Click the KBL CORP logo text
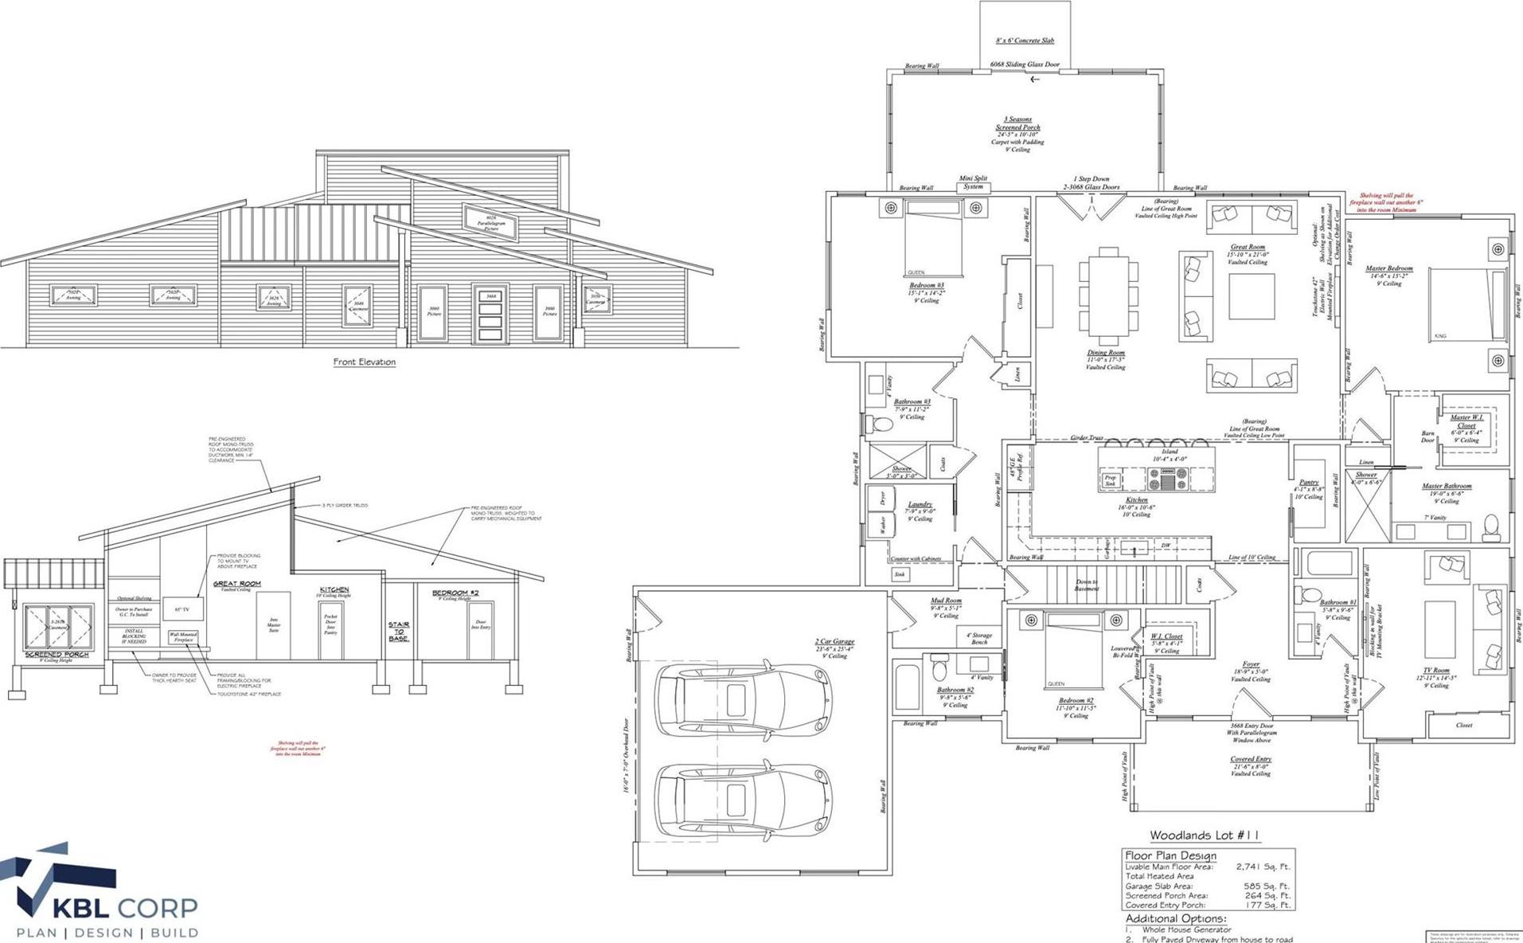[125, 907]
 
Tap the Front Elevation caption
[364, 362]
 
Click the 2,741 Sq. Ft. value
[1263, 867]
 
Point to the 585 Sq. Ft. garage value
[1266, 886]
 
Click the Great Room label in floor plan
[1248, 247]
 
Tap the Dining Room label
[1106, 353]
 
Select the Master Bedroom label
[1388, 268]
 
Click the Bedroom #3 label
[926, 285]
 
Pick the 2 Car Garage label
[834, 641]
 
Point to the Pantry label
[1309, 482]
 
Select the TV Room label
[1435, 671]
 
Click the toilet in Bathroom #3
[879, 425]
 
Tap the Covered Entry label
[1250, 759]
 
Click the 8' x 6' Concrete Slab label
[1025, 41]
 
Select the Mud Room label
[946, 601]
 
